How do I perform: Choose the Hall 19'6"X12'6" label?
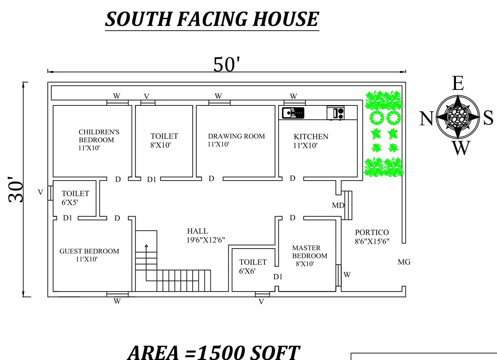[x=205, y=235]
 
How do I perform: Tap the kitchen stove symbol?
[x=335, y=113]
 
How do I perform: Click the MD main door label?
[x=338, y=205]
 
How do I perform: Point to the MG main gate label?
[x=404, y=262]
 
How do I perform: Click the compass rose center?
[x=458, y=117]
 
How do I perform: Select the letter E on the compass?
[x=458, y=83]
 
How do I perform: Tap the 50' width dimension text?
[x=227, y=64]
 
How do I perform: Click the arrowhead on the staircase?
[x=146, y=246]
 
